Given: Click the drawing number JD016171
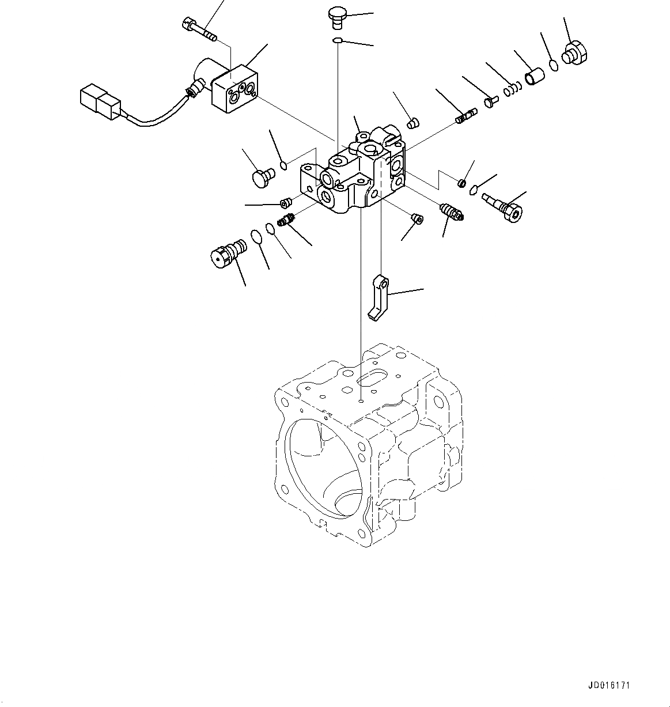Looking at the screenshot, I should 609,686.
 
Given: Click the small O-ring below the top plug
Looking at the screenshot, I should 338,40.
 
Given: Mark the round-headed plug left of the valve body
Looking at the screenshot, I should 263,176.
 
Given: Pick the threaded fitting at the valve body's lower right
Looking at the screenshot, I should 451,211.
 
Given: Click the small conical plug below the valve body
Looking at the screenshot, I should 417,217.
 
